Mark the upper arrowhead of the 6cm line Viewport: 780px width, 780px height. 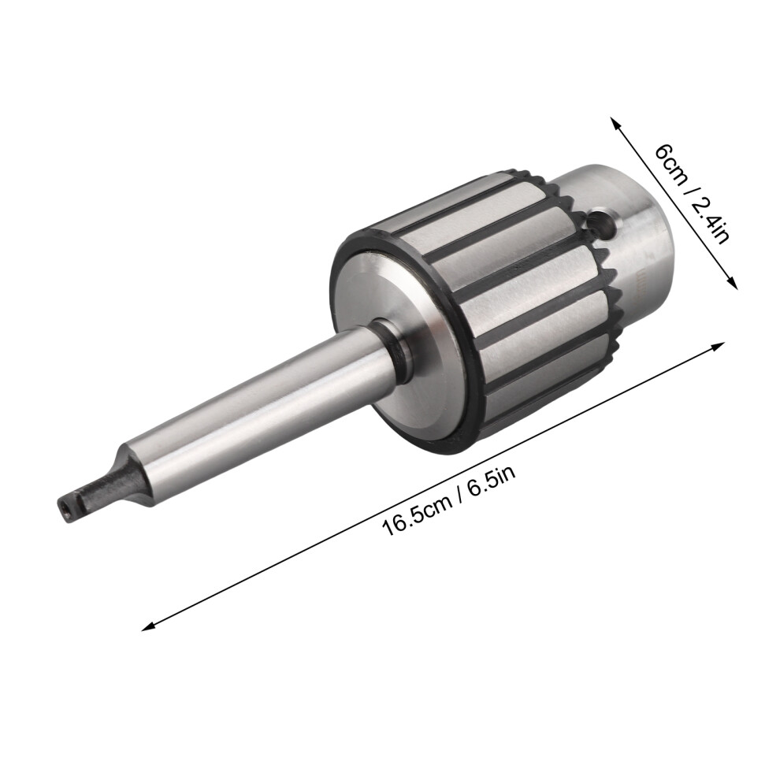[616, 123]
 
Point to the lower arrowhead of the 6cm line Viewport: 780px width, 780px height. [731, 283]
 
